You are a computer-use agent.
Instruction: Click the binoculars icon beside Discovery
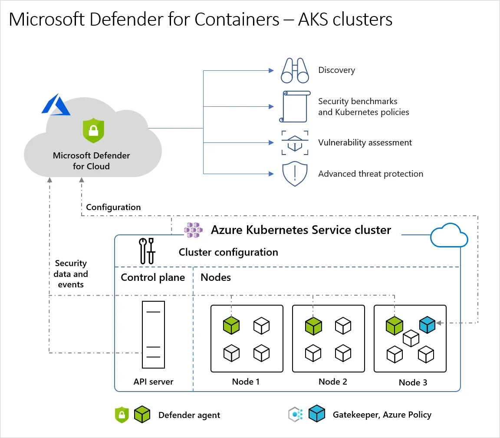coord(295,70)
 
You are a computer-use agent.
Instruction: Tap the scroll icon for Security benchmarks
coord(295,107)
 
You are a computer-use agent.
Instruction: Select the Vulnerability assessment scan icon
coord(295,143)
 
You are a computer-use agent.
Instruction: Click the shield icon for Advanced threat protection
coord(295,174)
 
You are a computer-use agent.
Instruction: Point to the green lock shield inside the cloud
coord(93,129)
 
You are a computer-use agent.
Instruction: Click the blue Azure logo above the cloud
coord(56,105)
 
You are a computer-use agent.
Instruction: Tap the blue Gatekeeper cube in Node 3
coord(427,325)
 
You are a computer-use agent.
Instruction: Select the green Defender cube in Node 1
coord(231,326)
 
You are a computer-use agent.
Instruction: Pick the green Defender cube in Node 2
coord(313,326)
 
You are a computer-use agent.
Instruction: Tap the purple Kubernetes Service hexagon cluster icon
coord(193,230)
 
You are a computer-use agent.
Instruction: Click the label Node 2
coord(332,382)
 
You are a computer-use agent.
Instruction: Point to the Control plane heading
coord(153,277)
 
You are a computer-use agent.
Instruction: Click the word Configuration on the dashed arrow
coord(113,207)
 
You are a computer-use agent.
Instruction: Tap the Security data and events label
coord(71,274)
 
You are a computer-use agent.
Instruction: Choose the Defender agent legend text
coord(189,415)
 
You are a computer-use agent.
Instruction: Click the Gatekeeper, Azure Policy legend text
coord(382,415)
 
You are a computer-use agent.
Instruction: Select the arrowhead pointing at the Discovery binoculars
coord(271,70)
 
